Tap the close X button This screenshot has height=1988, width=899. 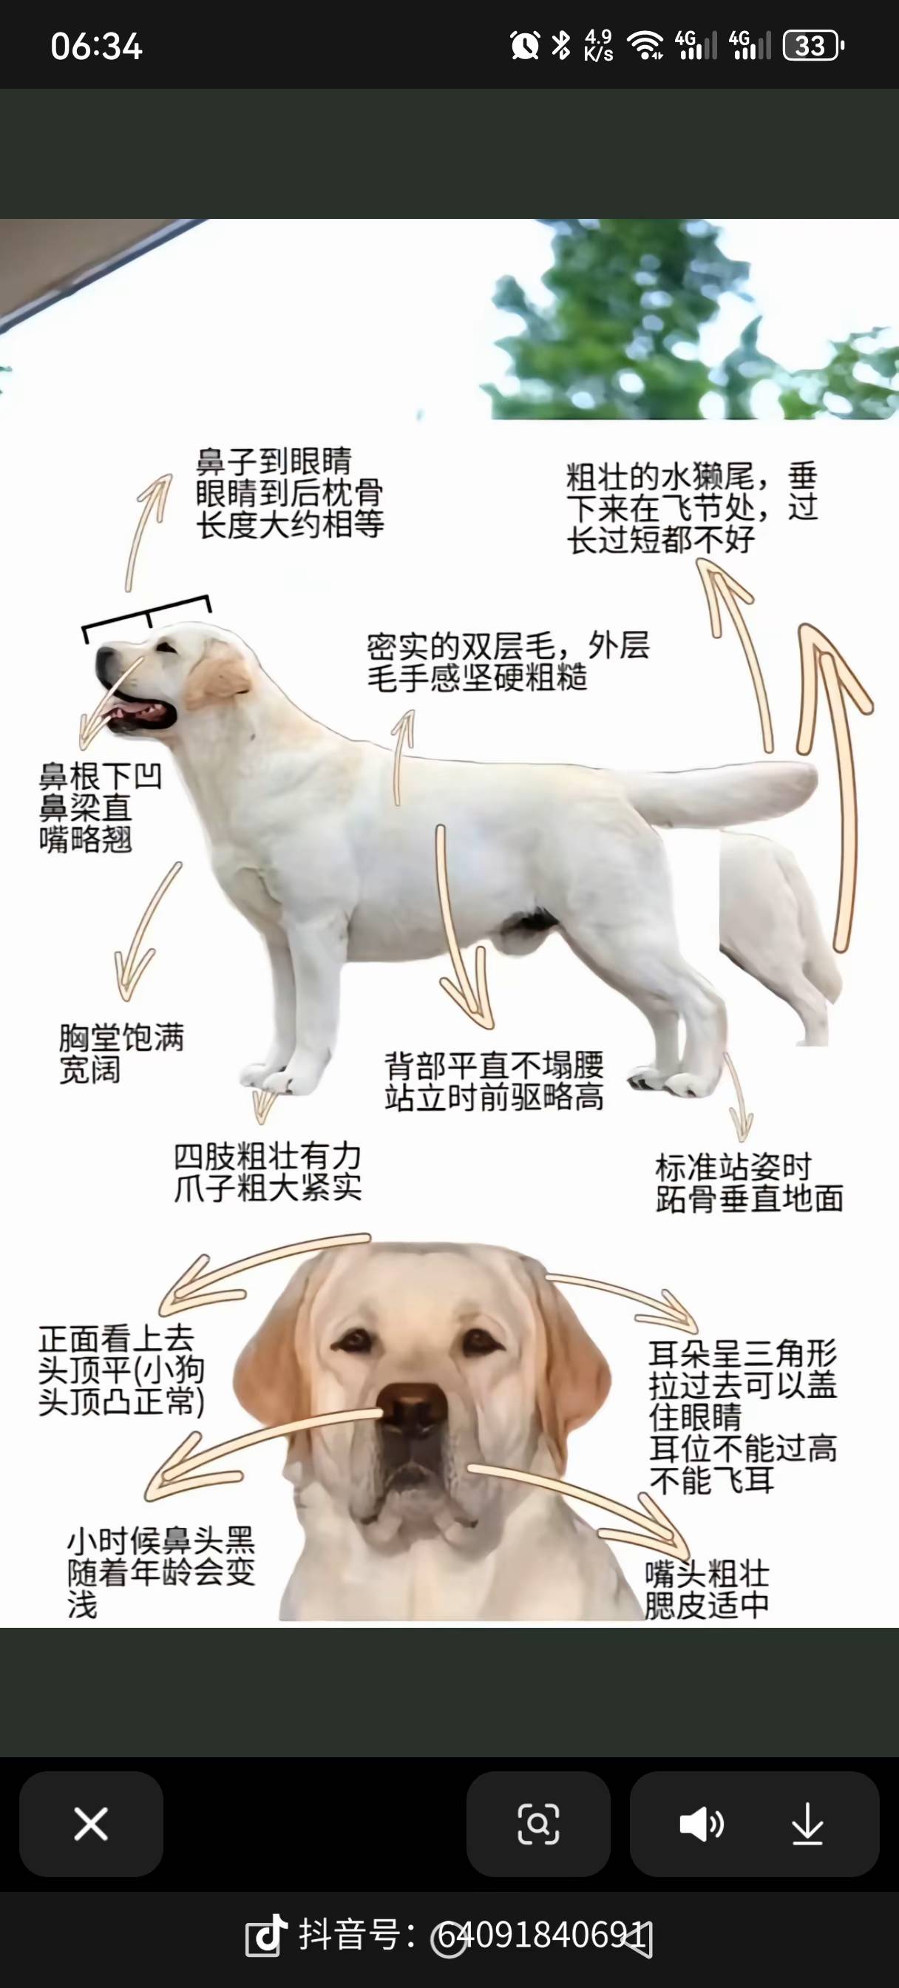(91, 1825)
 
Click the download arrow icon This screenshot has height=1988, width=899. (807, 1825)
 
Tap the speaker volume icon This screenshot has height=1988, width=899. (701, 1825)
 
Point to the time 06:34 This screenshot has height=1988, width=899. (96, 47)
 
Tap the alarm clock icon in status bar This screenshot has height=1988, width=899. (525, 46)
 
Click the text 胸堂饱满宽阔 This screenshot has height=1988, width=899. (121, 1053)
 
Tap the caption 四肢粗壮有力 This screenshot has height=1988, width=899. (267, 1155)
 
